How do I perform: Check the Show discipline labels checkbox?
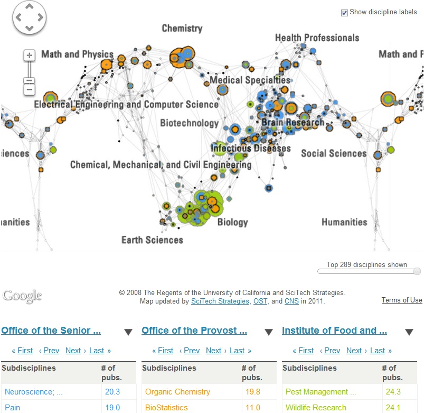click(345, 13)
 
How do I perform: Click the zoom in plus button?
click(30, 55)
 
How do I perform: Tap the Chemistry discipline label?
click(182, 29)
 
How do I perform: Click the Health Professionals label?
click(317, 38)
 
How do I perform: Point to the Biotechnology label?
click(189, 123)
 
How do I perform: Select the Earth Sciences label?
click(152, 240)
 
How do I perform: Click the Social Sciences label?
click(334, 153)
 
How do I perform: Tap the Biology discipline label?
click(232, 222)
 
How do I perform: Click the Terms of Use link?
click(402, 300)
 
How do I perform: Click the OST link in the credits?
click(260, 301)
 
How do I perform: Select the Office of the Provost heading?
click(194, 331)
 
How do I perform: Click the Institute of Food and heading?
click(334, 331)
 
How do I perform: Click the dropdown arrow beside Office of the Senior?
click(128, 332)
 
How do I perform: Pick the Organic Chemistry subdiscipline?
click(177, 392)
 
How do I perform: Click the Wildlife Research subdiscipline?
click(316, 408)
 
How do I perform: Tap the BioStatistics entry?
click(166, 408)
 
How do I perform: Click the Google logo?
click(22, 296)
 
